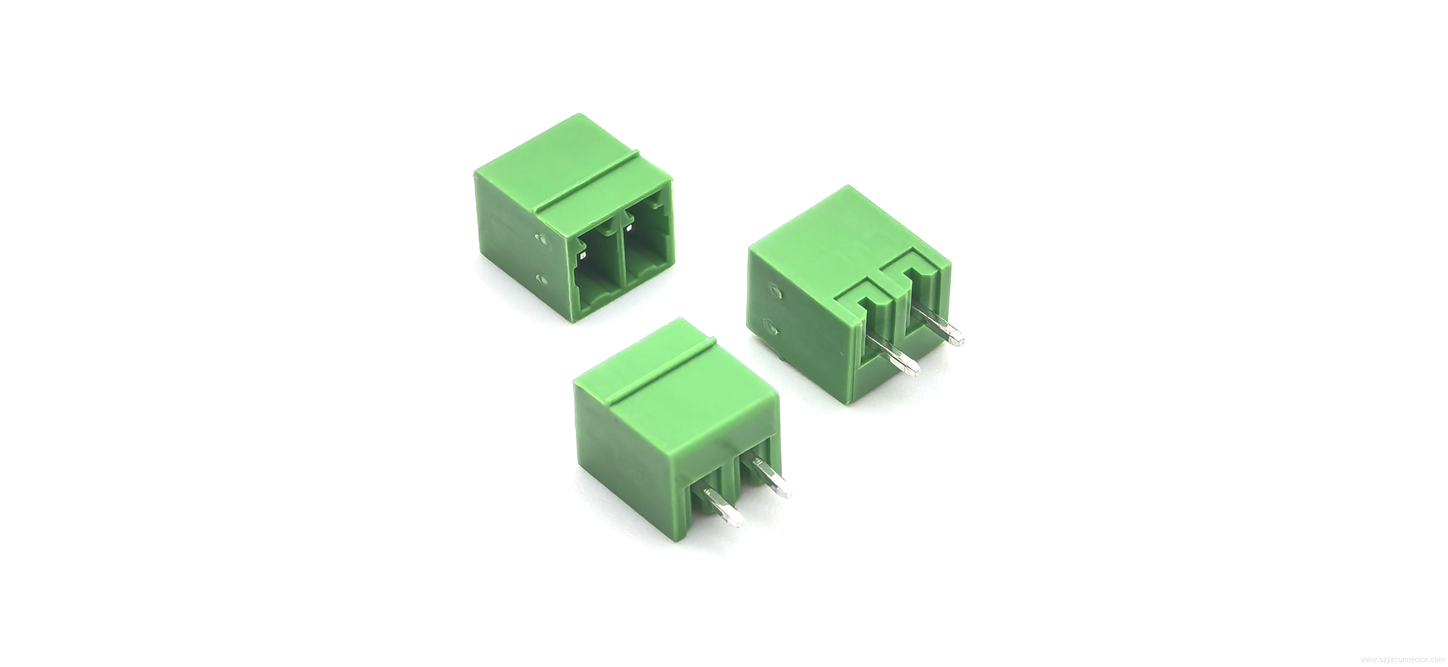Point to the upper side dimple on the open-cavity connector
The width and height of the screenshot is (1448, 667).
(147, 239)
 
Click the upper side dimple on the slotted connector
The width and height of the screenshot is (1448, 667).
(776, 292)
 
